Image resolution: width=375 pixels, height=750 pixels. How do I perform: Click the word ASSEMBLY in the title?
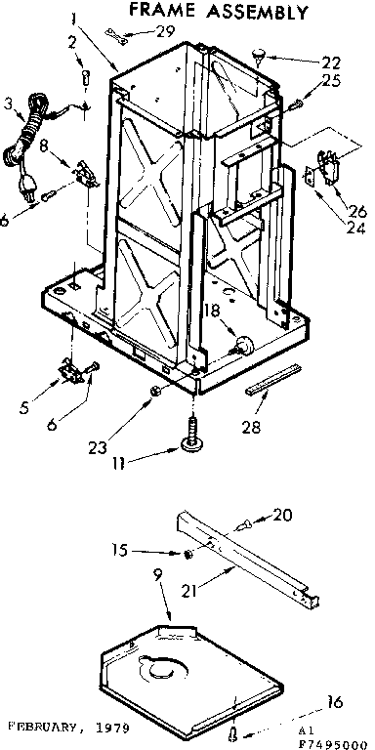point(258,13)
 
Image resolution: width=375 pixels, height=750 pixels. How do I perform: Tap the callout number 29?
point(165,31)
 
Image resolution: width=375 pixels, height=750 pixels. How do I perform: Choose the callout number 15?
point(147,549)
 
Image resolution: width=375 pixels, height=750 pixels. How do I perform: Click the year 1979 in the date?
point(113,729)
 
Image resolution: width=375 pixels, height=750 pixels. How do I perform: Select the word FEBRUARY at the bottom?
point(45,729)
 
